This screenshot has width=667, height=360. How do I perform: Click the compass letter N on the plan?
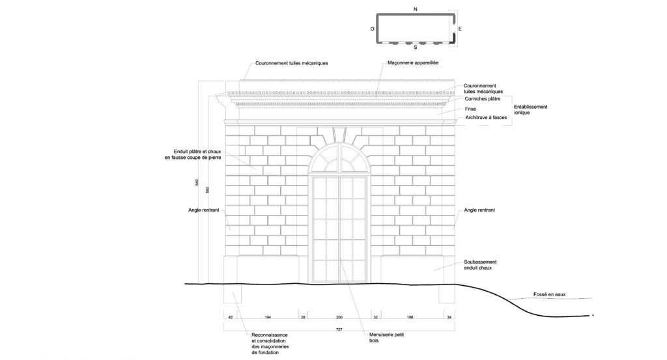click(415, 9)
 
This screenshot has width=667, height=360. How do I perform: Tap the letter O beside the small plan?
click(372, 29)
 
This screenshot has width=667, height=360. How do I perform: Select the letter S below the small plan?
click(416, 48)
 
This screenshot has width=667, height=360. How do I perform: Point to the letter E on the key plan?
click(459, 29)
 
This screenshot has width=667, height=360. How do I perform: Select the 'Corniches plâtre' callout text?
click(483, 98)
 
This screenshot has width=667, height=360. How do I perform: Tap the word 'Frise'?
click(470, 109)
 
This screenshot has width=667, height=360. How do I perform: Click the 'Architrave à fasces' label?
click(487, 118)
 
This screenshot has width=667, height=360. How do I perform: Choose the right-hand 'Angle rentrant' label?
click(479, 210)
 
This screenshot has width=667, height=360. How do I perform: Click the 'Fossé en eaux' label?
click(550, 295)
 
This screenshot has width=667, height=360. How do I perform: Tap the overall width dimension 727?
click(339, 329)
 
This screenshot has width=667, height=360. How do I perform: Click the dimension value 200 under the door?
click(339, 317)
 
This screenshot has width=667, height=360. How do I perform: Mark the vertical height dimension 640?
click(197, 184)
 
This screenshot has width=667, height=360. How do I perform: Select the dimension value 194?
click(268, 317)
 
